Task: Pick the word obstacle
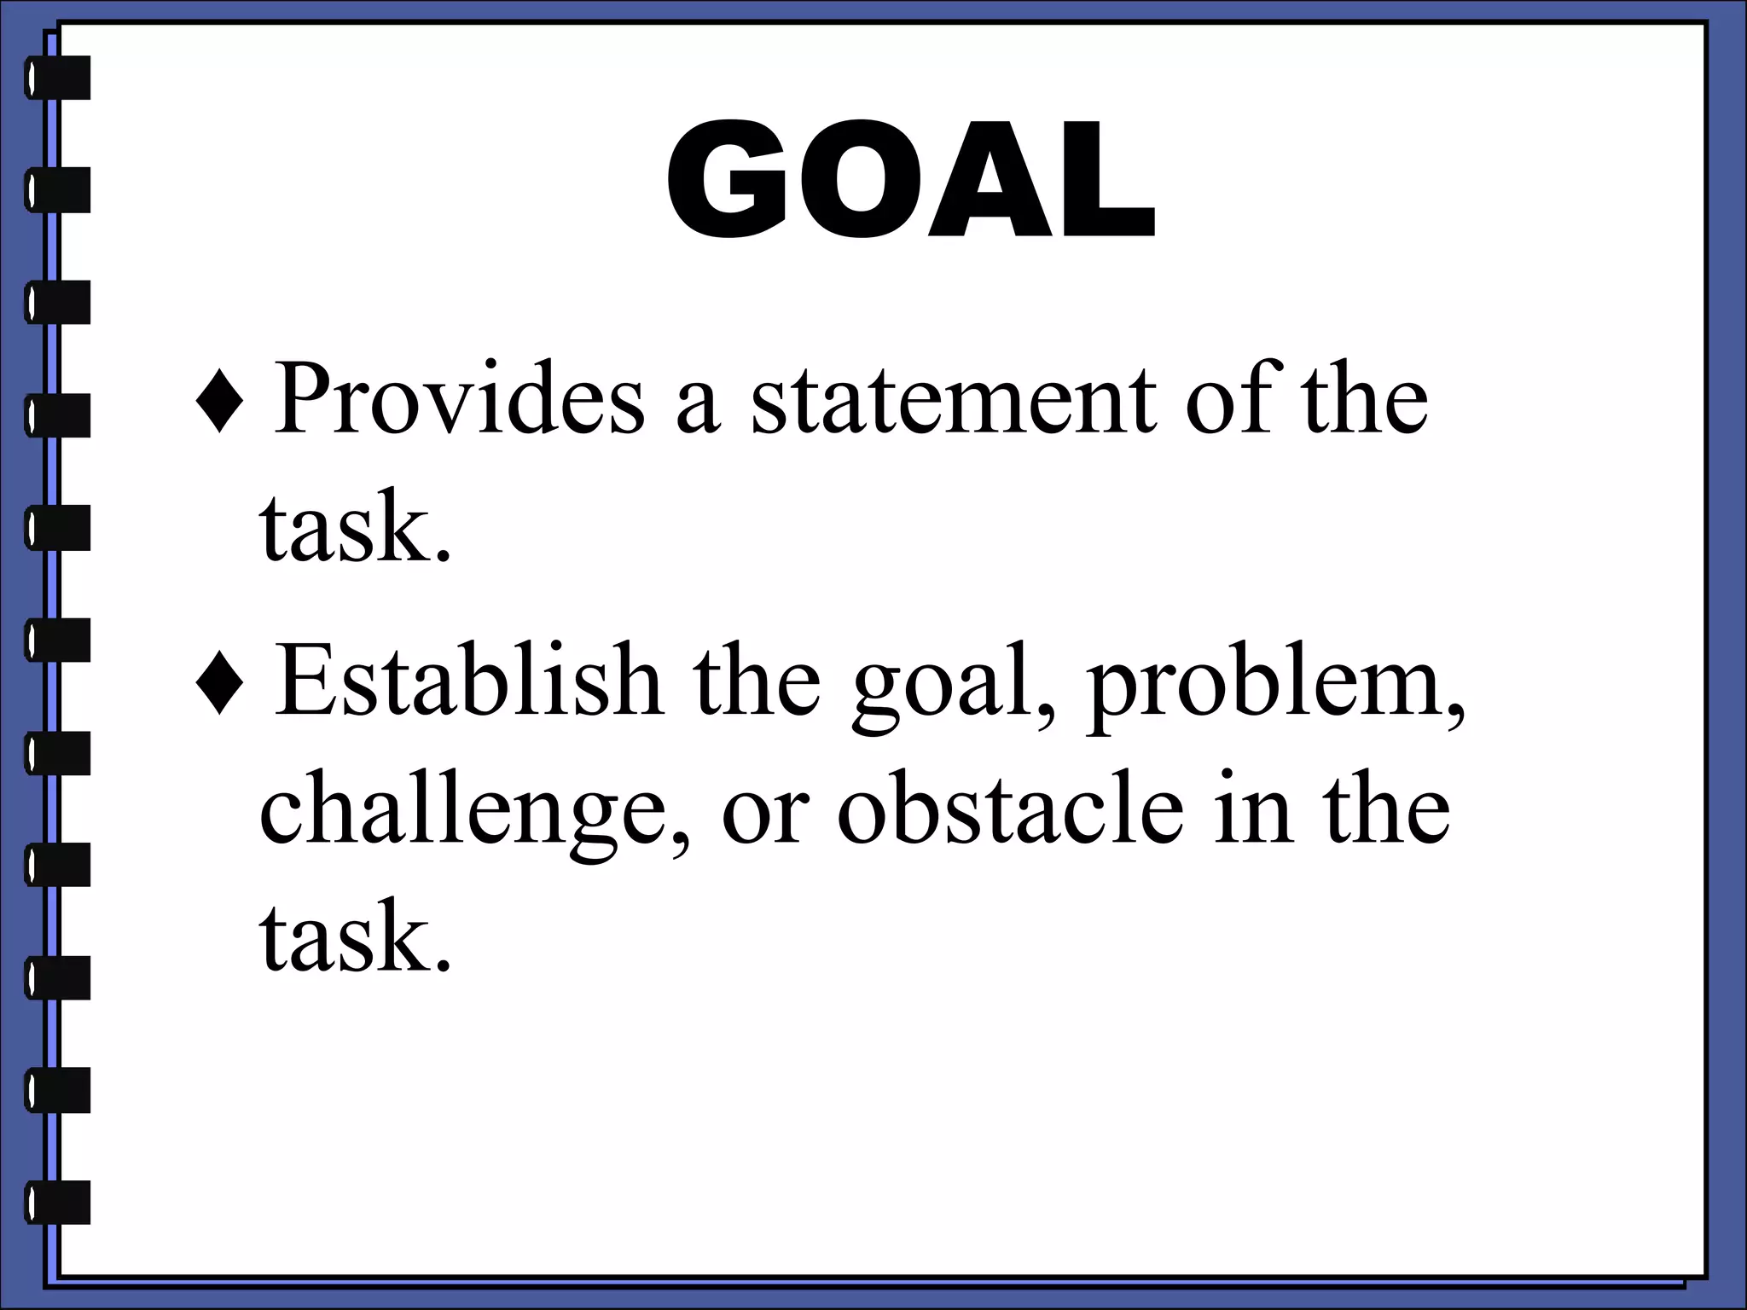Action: click(x=1010, y=809)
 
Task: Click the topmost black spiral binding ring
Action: click(x=58, y=78)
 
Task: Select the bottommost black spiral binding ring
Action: click(x=58, y=1202)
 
